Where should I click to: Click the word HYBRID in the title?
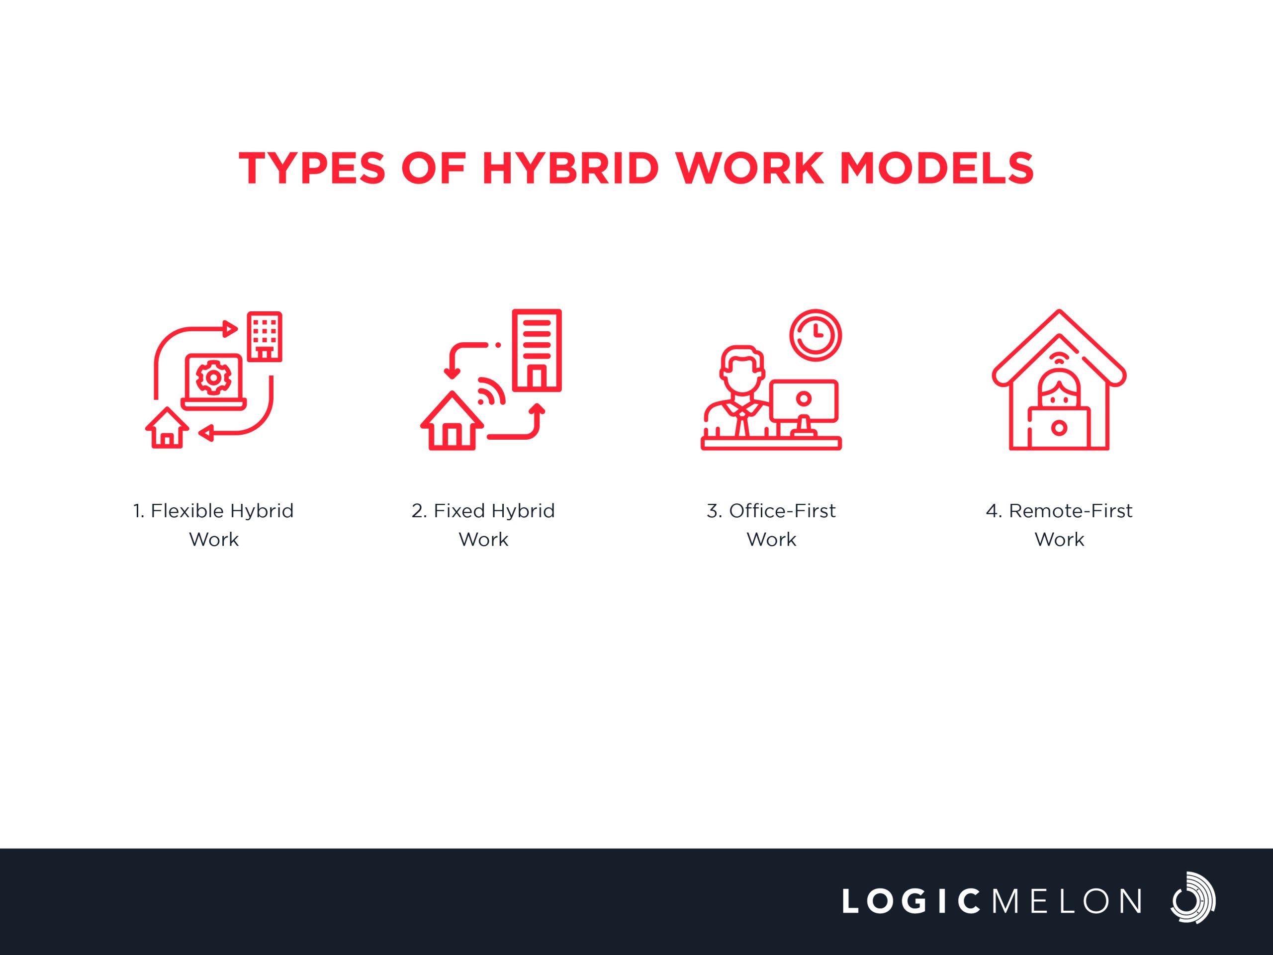pyautogui.click(x=570, y=169)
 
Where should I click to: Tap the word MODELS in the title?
pyautogui.click(x=937, y=169)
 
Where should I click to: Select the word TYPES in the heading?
pyautogui.click(x=312, y=169)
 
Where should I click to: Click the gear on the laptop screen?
pyautogui.click(x=213, y=378)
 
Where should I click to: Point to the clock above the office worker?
pyautogui.click(x=816, y=336)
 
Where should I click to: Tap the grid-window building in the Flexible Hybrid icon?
pyautogui.click(x=264, y=337)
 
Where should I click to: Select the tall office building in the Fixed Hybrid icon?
pyautogui.click(x=537, y=351)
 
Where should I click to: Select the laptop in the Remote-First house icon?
pyautogui.click(x=1059, y=428)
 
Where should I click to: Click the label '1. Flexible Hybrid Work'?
pyautogui.click(x=213, y=525)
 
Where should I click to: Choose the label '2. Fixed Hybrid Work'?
pyautogui.click(x=483, y=525)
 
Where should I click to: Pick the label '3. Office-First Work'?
pyautogui.click(x=771, y=525)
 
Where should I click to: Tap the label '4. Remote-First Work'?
pyautogui.click(x=1059, y=525)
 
